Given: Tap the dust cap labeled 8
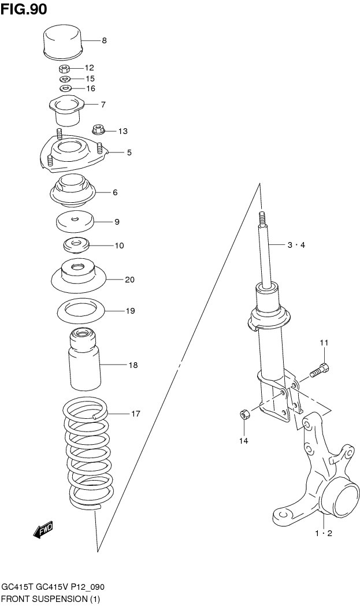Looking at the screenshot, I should tap(63, 41).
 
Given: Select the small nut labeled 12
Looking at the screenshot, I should tap(65, 68).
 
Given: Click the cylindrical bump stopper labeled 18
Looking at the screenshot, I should tap(84, 361).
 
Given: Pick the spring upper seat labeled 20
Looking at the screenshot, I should tap(78, 277).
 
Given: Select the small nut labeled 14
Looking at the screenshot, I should tap(244, 414).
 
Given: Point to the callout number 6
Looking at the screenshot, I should tap(115, 192).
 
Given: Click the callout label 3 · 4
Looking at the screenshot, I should tap(296, 245).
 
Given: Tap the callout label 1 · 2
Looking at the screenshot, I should tap(323, 533).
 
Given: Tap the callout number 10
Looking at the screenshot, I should tap(119, 246).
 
